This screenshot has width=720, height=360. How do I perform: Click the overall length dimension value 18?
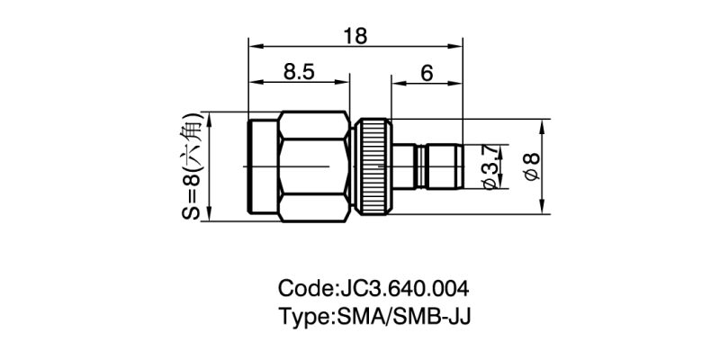click(355, 35)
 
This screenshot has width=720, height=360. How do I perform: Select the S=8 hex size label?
click(191, 166)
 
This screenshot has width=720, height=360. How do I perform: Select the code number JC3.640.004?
click(401, 290)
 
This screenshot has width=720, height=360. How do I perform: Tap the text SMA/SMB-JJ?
click(403, 317)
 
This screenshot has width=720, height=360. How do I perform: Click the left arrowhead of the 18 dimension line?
click(253, 44)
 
